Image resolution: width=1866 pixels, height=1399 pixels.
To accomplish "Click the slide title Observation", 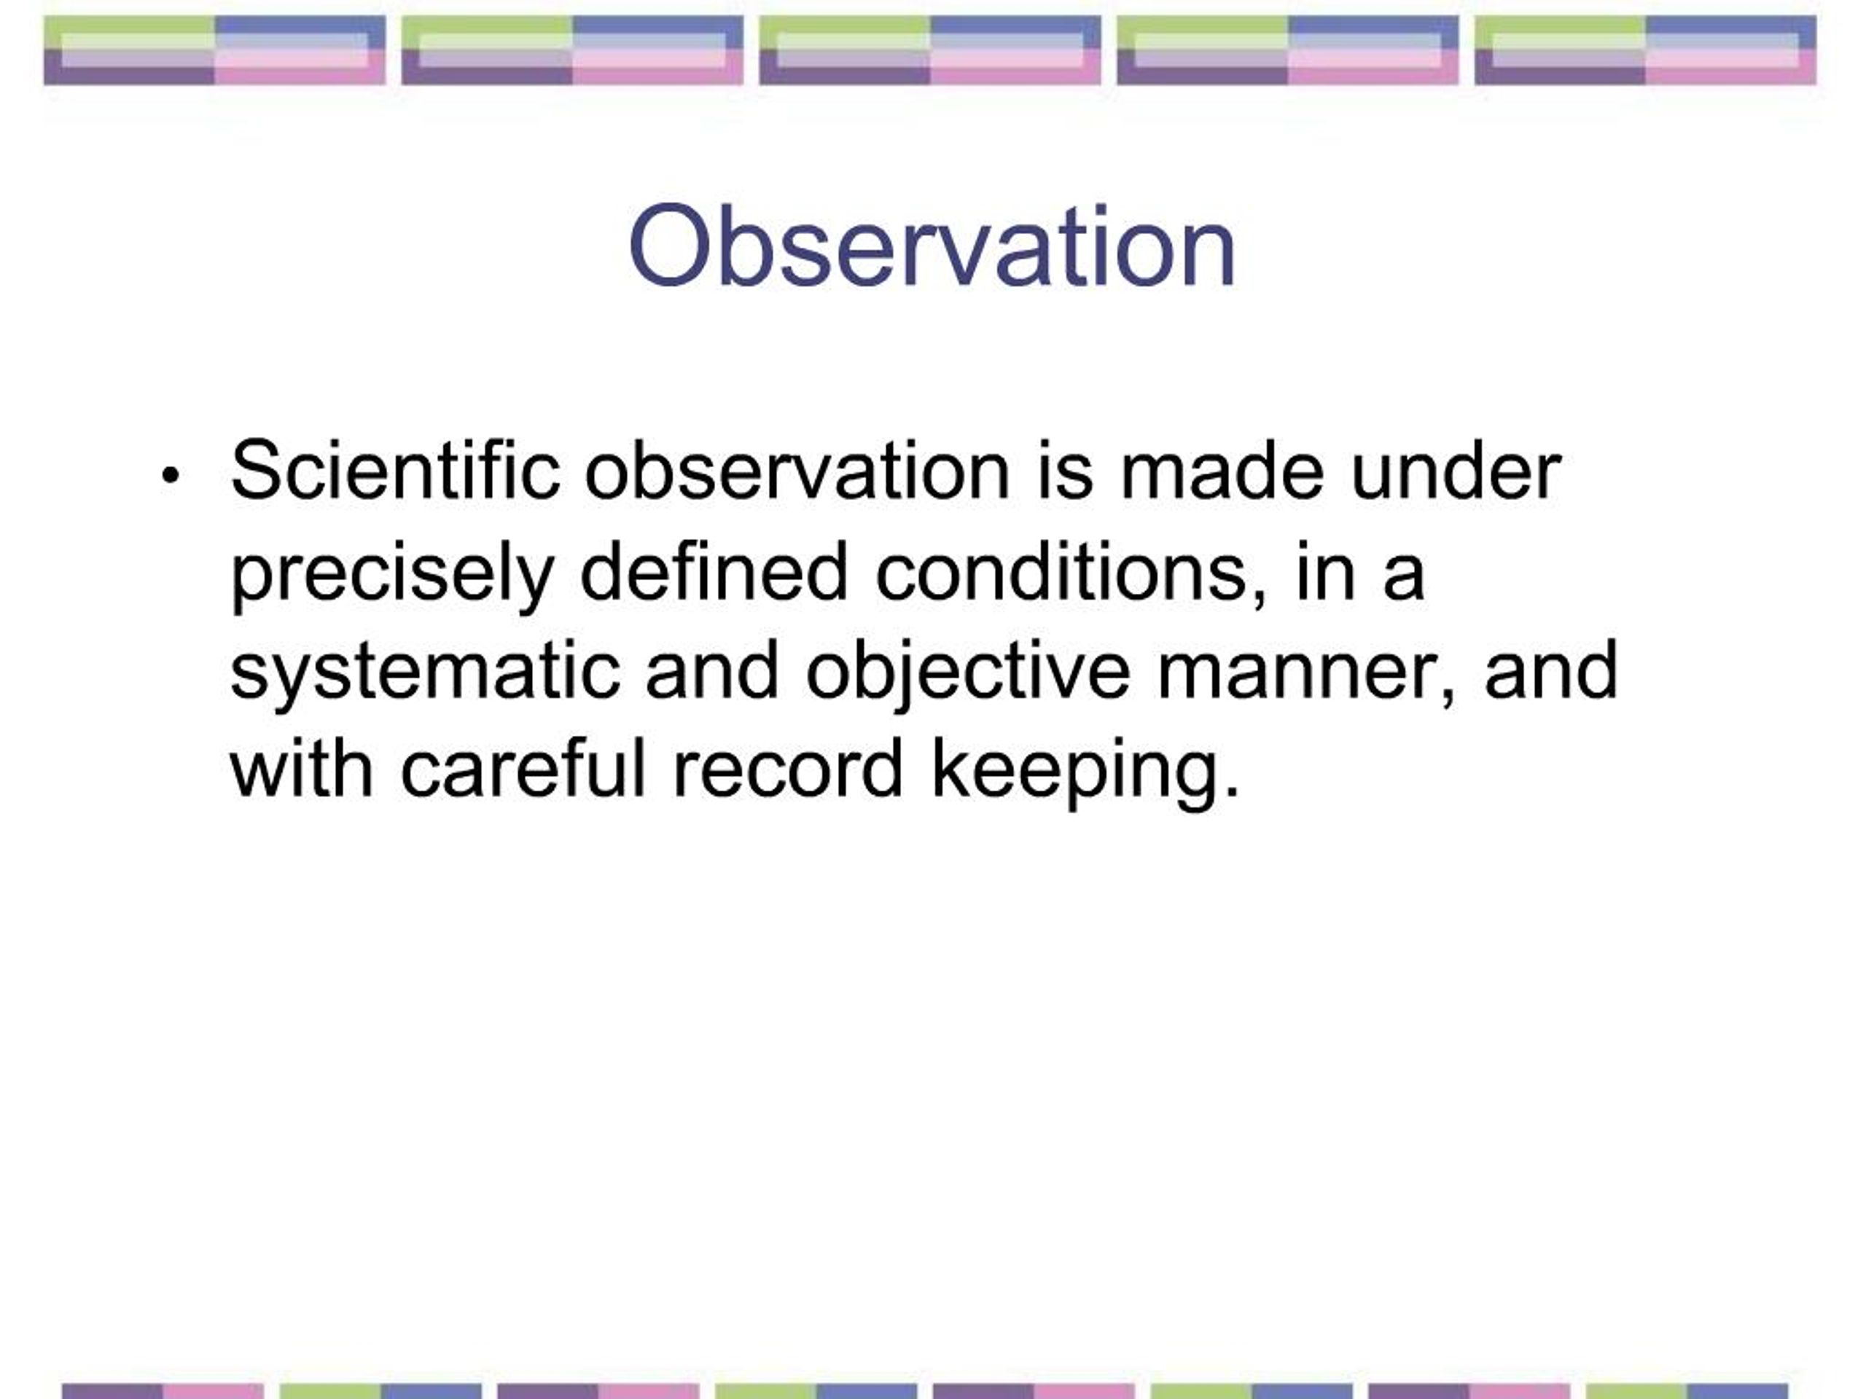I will coord(932,247).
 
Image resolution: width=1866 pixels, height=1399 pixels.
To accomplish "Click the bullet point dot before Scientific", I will coord(171,476).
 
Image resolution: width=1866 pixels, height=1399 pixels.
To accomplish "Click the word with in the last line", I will coord(301,769).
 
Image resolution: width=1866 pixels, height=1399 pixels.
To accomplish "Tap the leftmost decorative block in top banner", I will coord(214,50).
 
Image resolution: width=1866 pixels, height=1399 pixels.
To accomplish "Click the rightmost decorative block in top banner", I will coord(1645,50).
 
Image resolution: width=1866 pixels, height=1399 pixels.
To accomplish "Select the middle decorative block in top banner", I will coord(929,50).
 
